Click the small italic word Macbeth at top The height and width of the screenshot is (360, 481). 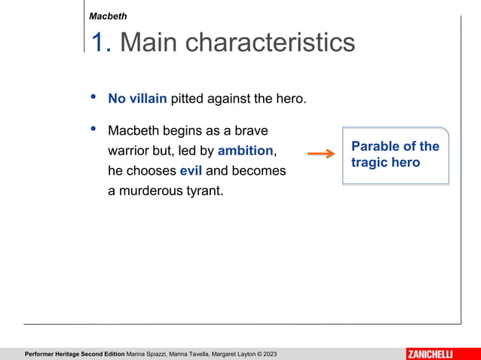108,16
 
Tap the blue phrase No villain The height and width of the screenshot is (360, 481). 137,99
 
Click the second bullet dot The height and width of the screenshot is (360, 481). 93,130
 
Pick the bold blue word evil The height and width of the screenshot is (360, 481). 191,171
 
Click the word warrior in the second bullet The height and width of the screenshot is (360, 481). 130,151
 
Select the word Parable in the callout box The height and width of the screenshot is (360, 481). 376,146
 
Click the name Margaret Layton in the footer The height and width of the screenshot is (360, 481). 231,354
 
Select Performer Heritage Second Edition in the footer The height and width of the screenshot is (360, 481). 75,354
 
